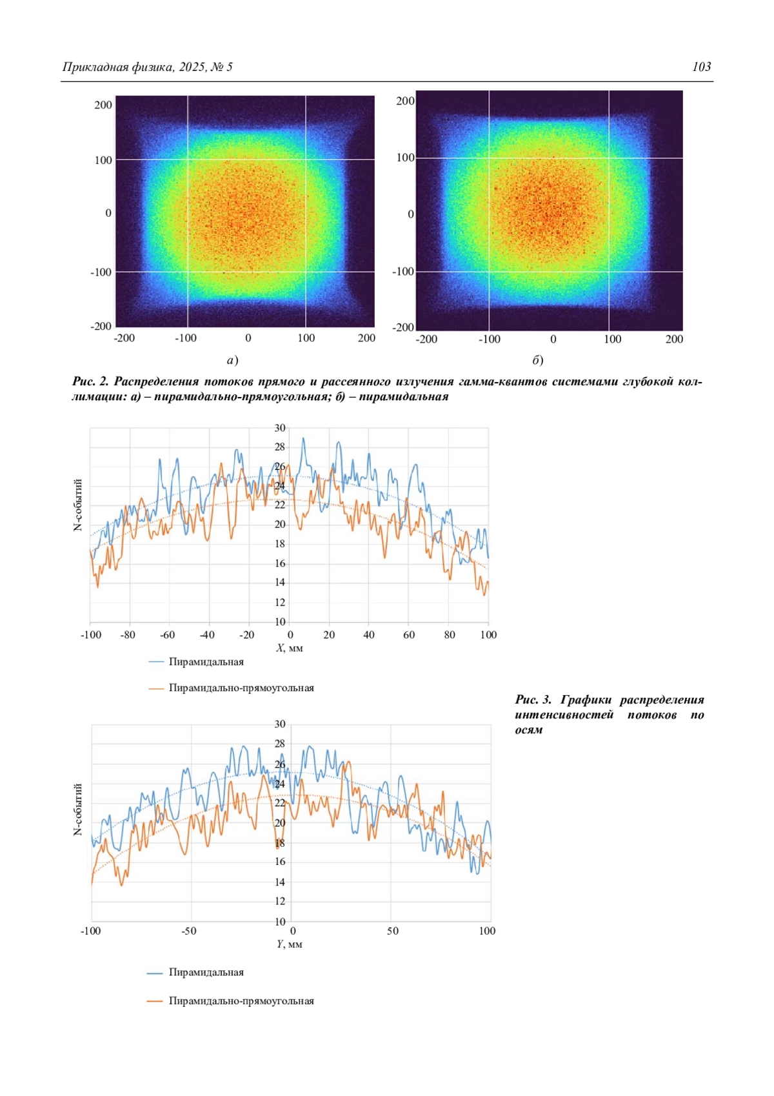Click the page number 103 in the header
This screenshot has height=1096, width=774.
pyautogui.click(x=701, y=66)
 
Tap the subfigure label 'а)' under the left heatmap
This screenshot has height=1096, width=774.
pyautogui.click(x=233, y=360)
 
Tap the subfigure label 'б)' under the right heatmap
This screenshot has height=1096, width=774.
pyautogui.click(x=537, y=360)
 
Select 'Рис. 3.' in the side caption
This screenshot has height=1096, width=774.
pyautogui.click(x=533, y=700)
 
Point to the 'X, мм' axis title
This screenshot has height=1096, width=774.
pyautogui.click(x=290, y=648)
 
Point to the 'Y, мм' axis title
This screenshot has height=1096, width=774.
pyautogui.click(x=290, y=944)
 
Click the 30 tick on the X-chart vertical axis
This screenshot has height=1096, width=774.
pyautogui.click(x=279, y=428)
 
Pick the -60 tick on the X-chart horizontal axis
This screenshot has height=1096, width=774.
pyautogui.click(x=168, y=635)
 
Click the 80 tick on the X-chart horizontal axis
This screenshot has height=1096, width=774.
pyautogui.click(x=450, y=635)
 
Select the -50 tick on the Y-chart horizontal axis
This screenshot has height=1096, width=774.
pyautogui.click(x=189, y=931)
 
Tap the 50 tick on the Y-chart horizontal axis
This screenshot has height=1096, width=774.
pyautogui.click(x=393, y=931)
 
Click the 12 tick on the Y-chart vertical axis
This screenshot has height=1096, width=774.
pyautogui.click(x=279, y=901)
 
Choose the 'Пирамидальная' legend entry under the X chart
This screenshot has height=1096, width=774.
pyautogui.click(x=206, y=662)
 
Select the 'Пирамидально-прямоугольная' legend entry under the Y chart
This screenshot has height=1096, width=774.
pyautogui.click(x=241, y=1001)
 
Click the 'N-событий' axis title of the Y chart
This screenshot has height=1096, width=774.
pyautogui.click(x=78, y=809)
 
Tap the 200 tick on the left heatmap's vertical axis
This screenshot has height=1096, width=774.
pyautogui.click(x=103, y=105)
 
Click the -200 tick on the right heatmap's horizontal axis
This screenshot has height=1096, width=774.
pyautogui.click(x=426, y=340)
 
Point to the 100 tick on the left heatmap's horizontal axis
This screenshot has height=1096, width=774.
pyautogui.click(x=306, y=338)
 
